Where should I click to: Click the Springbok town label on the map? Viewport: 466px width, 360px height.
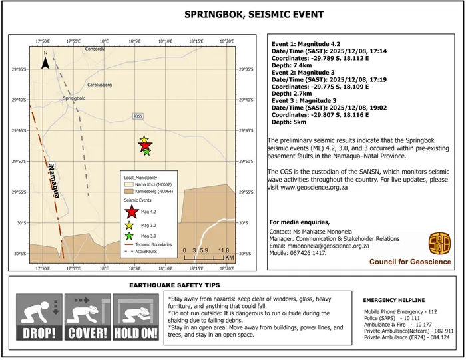73,98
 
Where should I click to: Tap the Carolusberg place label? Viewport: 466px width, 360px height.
102,85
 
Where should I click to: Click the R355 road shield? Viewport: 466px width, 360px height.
138,116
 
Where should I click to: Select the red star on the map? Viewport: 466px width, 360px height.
145,146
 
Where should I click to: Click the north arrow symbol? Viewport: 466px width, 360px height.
45,63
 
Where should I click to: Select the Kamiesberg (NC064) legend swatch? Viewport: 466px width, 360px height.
128,190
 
